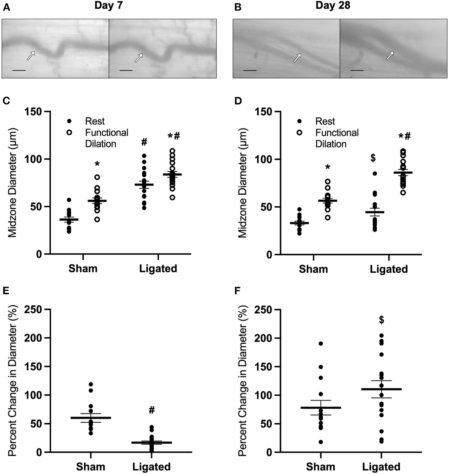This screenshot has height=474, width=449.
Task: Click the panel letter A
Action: point(6,7)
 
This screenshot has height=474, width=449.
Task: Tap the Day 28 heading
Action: point(333,6)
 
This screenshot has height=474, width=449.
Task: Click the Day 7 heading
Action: point(108,6)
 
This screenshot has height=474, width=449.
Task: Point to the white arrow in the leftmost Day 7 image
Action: point(31,55)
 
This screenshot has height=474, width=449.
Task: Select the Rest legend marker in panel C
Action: point(69,121)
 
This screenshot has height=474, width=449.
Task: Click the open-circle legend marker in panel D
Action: point(299,133)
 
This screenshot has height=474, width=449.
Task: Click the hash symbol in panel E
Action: point(151,410)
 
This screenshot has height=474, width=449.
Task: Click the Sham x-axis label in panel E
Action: point(90,466)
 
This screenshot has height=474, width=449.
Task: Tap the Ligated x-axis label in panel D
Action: point(388,269)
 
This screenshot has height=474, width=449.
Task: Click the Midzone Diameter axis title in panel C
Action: point(12,183)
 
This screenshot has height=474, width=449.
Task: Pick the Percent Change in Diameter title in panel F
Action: point(242,380)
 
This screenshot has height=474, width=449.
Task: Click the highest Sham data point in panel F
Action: point(321,343)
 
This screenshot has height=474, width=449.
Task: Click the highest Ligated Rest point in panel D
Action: point(375,173)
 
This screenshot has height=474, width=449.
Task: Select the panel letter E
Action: point(6,291)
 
